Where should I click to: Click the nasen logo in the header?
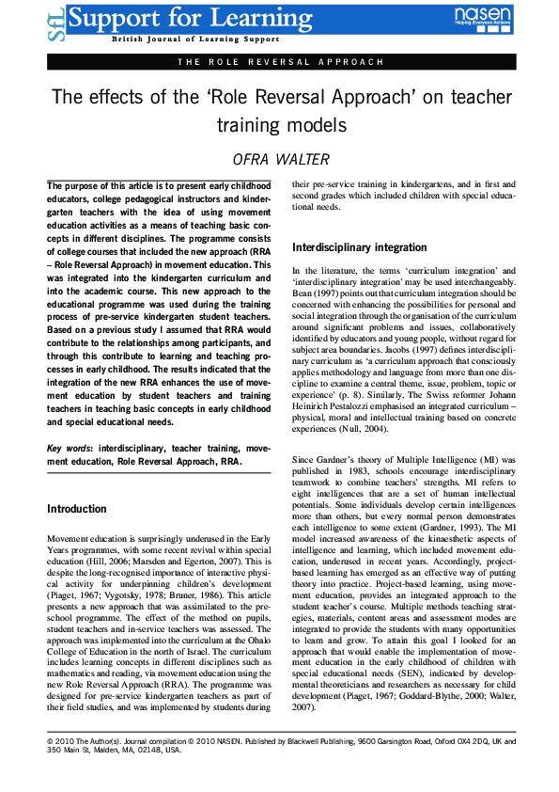pos(483,18)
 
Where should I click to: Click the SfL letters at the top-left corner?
pos(54,21)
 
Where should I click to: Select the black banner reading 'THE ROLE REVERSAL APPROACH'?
pos(279,62)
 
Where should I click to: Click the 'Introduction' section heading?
pos(77,509)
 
